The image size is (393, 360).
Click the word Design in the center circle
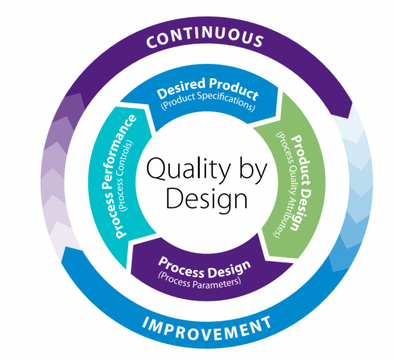click(x=207, y=199)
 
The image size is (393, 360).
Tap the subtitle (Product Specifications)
click(x=208, y=102)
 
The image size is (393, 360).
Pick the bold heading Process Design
click(x=204, y=267)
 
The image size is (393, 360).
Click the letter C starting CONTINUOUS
click(x=152, y=42)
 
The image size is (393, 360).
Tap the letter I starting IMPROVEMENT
click(x=146, y=322)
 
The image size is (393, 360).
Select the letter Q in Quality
click(x=157, y=169)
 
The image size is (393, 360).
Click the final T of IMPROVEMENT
click(x=266, y=322)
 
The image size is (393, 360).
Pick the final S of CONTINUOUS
click(x=257, y=41)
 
